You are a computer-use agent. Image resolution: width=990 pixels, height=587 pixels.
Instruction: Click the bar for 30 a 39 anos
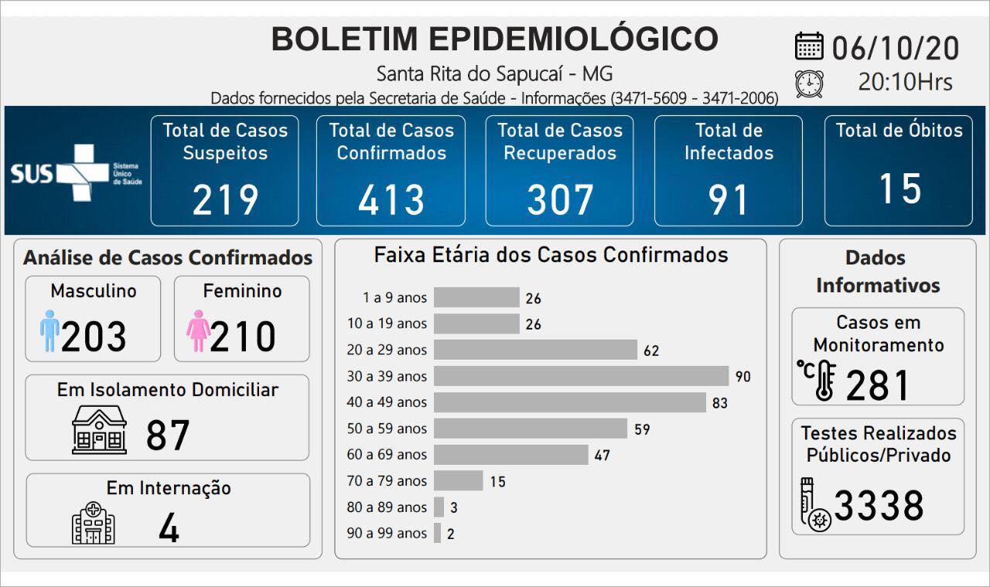click(x=581, y=376)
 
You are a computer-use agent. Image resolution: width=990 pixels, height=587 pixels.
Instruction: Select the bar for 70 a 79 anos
click(x=458, y=480)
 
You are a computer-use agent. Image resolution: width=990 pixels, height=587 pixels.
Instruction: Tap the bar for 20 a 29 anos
click(x=535, y=350)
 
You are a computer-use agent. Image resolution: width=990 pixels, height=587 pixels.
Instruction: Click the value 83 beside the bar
click(x=719, y=403)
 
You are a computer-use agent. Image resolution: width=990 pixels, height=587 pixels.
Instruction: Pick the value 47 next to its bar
click(x=602, y=456)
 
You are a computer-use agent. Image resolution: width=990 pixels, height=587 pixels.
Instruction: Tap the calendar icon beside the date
click(x=809, y=46)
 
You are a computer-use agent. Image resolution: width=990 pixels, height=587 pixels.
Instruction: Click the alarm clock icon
click(x=809, y=82)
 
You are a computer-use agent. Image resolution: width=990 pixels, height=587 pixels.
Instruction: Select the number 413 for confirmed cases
click(x=391, y=200)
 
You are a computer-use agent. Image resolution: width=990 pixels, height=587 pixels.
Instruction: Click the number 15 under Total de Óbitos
click(x=900, y=189)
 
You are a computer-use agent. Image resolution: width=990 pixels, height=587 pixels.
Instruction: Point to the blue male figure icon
click(x=49, y=331)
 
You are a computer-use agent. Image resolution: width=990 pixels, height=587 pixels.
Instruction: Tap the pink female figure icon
click(x=198, y=331)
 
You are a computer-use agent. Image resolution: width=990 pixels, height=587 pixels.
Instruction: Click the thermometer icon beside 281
click(x=820, y=381)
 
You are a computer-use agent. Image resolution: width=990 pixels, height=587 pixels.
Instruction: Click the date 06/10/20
click(x=896, y=48)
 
